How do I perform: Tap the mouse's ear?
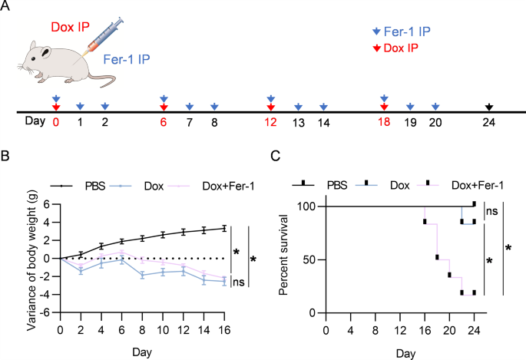coord(48,53)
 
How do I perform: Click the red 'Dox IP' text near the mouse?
coord(70,28)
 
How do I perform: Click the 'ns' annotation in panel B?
coord(240,282)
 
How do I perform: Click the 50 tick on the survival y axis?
coord(309,260)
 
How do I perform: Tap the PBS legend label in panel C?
coord(337,186)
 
